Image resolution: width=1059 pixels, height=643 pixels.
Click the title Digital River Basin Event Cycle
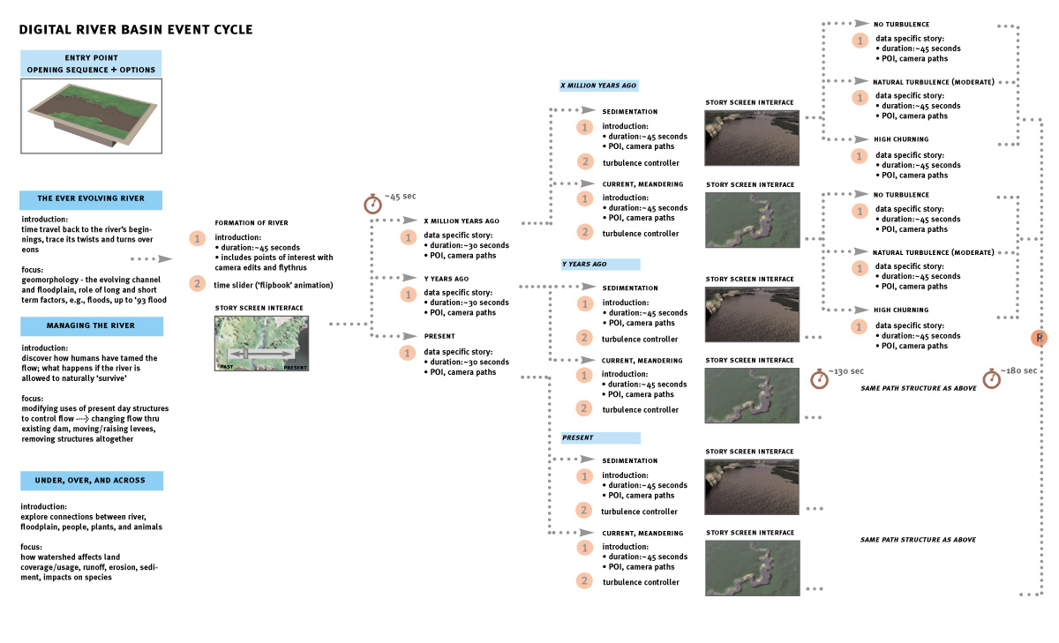tap(136, 30)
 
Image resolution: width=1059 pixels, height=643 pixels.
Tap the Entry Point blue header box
tap(91, 64)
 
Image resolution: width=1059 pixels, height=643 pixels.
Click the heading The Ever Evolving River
tap(91, 198)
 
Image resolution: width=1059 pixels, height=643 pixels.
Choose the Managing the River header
tap(91, 325)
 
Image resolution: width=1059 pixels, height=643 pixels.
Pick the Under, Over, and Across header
tap(91, 481)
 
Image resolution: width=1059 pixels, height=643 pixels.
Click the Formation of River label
tap(251, 222)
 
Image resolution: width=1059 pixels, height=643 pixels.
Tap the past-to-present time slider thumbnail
tap(257, 345)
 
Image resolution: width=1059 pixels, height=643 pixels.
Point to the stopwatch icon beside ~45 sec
tap(372, 204)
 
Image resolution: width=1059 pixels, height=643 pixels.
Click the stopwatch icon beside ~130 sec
tap(820, 379)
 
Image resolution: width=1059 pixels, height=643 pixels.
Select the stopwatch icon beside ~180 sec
tap(992, 378)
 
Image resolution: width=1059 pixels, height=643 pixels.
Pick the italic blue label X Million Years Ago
tap(599, 86)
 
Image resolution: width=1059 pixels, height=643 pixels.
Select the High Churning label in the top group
tap(900, 139)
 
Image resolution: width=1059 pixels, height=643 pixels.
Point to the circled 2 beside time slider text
tap(197, 283)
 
